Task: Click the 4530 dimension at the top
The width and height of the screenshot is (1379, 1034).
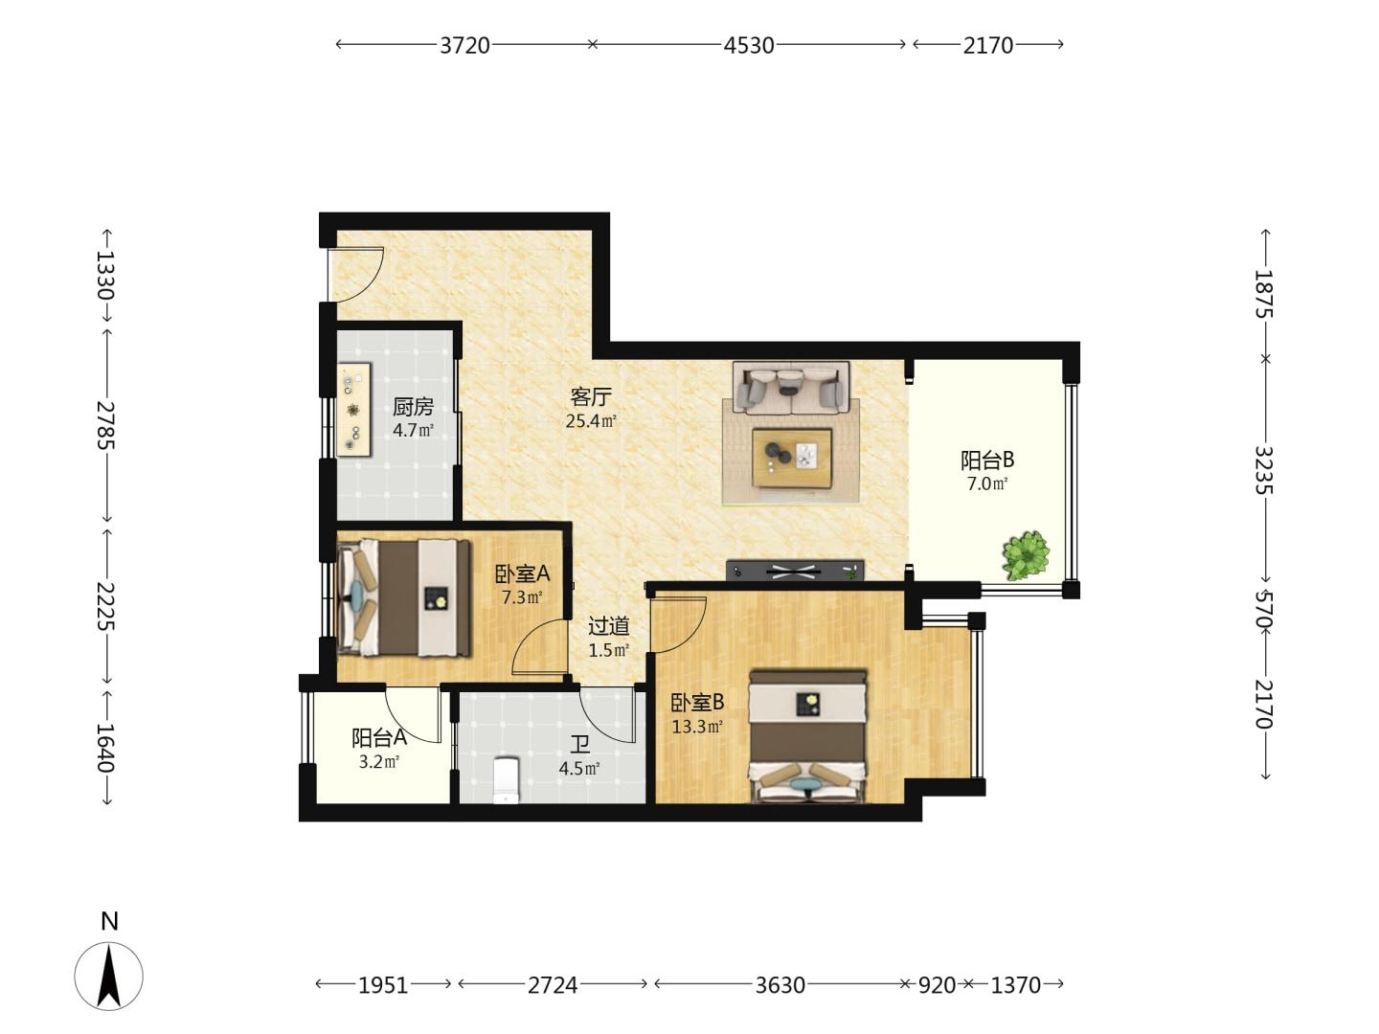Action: [748, 46]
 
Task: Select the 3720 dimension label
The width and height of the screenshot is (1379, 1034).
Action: [464, 46]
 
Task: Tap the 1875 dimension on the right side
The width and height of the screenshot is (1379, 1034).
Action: [1264, 294]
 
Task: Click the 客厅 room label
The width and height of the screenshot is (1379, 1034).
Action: [591, 396]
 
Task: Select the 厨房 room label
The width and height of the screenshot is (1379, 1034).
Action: [413, 407]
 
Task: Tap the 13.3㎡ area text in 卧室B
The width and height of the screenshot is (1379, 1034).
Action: [697, 727]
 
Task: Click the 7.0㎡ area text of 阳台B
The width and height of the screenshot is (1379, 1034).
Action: [987, 483]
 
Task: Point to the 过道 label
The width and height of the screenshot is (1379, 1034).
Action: [608, 626]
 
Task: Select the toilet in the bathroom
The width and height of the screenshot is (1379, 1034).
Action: [507, 780]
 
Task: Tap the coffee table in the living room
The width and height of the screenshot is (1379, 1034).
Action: [792, 458]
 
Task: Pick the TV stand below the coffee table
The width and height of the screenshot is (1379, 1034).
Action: [795, 571]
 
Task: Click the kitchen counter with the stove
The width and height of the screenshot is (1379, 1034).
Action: [354, 410]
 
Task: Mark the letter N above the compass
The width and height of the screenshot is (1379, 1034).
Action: [109, 922]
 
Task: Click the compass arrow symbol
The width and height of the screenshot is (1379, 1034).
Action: [108, 977]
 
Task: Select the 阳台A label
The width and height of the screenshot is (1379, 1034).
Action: [379, 737]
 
